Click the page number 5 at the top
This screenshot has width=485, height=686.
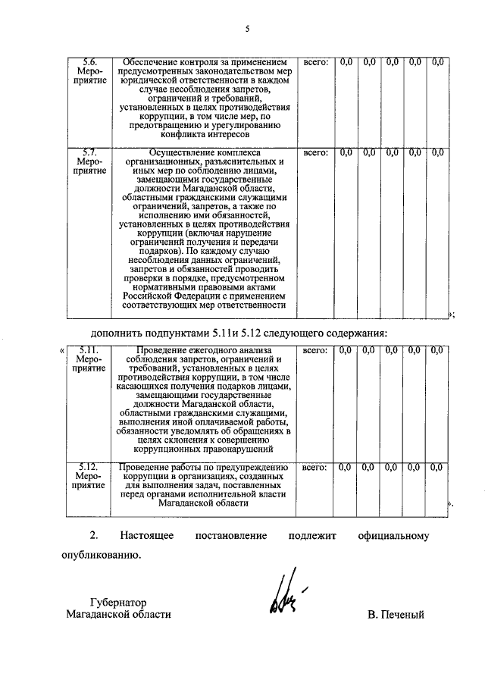pos(247,30)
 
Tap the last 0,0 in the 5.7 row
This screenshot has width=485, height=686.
pos(437,152)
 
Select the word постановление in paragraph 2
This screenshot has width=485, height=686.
pos(231,536)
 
